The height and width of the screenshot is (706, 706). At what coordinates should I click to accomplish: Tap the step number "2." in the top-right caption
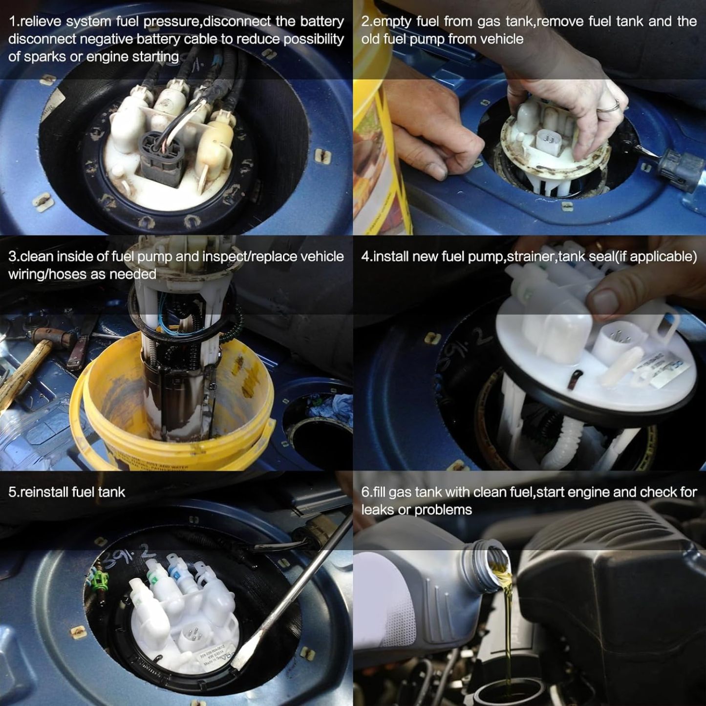click(x=366, y=21)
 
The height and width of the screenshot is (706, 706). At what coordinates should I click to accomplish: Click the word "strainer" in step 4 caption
click(x=530, y=257)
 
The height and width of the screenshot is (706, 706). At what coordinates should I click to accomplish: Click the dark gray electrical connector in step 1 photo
click(x=159, y=156)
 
